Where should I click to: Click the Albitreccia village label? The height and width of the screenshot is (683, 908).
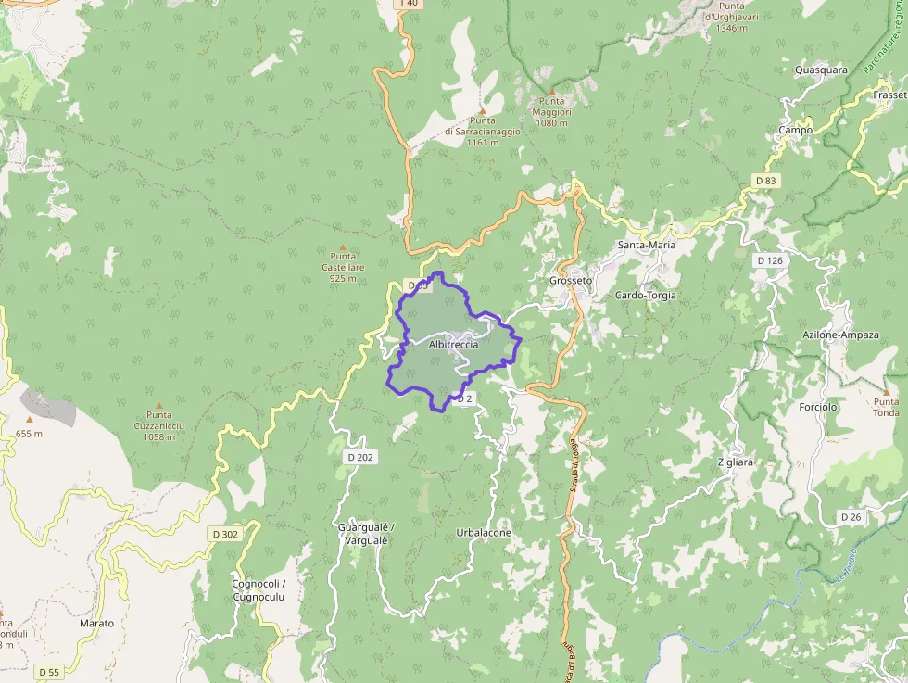(x=453, y=345)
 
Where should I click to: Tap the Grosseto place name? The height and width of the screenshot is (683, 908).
(x=570, y=280)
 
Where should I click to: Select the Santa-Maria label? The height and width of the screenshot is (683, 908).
(x=647, y=246)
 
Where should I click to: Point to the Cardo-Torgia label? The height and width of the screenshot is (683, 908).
(x=646, y=296)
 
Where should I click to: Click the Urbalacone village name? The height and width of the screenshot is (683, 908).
(x=484, y=534)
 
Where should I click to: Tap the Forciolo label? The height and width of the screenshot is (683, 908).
(x=817, y=407)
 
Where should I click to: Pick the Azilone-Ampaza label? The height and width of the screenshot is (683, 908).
(x=840, y=335)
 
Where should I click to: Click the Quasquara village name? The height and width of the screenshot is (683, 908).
(x=821, y=70)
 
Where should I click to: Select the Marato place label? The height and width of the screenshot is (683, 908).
(x=96, y=624)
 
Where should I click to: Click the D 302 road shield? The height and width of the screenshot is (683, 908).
(x=224, y=534)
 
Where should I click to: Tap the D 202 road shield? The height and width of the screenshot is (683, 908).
(x=359, y=457)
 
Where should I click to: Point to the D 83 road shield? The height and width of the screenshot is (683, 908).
(x=765, y=180)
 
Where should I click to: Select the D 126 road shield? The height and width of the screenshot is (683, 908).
(x=769, y=260)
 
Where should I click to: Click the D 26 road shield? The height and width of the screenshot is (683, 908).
(x=851, y=516)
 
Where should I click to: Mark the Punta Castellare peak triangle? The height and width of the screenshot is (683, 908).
(x=343, y=247)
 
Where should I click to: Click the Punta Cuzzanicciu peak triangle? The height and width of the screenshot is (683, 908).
(x=158, y=405)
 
